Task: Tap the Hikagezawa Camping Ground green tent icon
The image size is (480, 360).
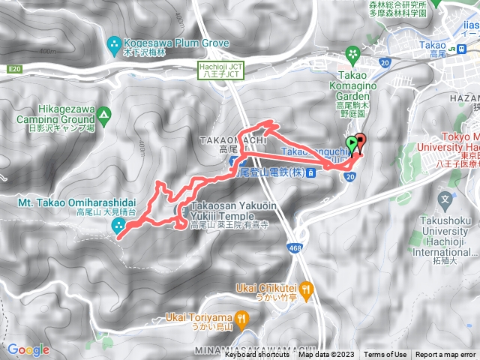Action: [x=103, y=115]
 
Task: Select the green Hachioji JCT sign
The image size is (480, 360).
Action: [x=220, y=70]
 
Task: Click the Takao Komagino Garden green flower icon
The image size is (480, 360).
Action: [x=352, y=53]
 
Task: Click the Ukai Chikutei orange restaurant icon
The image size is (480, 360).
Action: [x=304, y=287]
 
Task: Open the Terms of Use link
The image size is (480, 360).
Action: [x=385, y=355]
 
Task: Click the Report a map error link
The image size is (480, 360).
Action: [x=445, y=355]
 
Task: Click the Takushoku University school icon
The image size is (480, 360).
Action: [x=445, y=201]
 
